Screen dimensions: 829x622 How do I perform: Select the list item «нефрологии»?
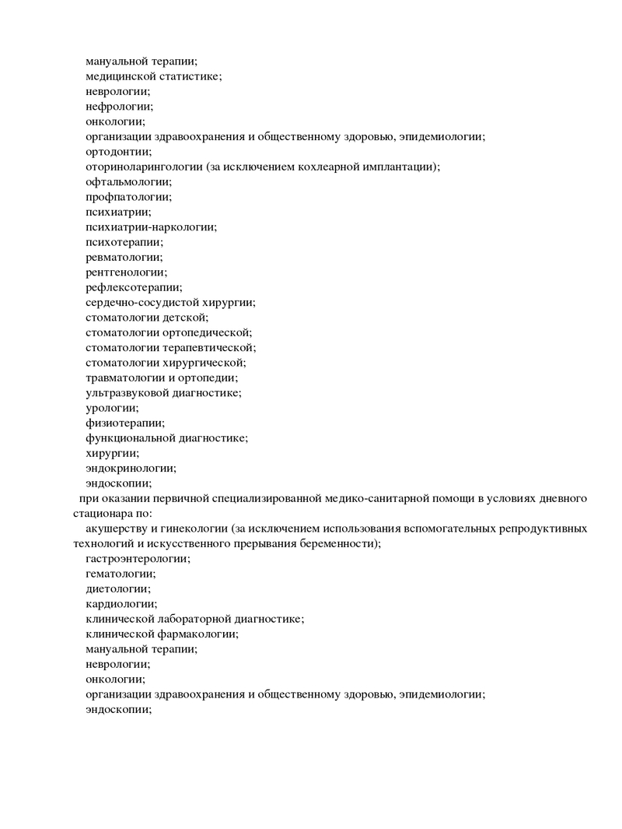tap(119, 107)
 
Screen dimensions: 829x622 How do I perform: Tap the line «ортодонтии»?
tap(119, 152)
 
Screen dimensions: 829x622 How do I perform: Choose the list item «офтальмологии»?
tap(128, 181)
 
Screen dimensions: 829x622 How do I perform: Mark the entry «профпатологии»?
tap(128, 197)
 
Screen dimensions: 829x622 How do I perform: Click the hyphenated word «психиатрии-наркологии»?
tap(151, 227)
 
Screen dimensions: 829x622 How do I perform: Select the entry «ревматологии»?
tap(124, 257)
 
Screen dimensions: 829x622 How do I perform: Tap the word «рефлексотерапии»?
tap(134, 287)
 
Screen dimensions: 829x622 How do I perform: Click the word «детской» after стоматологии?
tap(186, 318)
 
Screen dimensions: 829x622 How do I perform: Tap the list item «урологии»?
tap(112, 408)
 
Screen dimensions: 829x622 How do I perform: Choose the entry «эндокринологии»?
tap(131, 469)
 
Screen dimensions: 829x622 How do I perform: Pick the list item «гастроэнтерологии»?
tap(138, 559)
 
